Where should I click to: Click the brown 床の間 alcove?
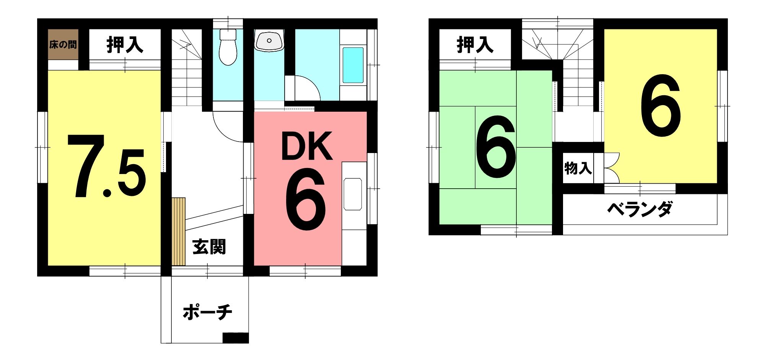pyautogui.click(x=63, y=44)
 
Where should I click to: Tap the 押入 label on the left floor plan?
pyautogui.click(x=125, y=45)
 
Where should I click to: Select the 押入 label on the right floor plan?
pyautogui.click(x=475, y=45)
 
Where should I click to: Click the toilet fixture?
pyautogui.click(x=228, y=47)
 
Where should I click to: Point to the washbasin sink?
pyautogui.click(x=270, y=40)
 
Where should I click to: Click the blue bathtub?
pyautogui.click(x=353, y=65)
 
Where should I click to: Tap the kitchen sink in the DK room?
pyautogui.click(x=353, y=194)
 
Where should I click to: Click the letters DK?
pyautogui.click(x=307, y=146)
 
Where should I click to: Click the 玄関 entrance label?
pyautogui.click(x=209, y=247)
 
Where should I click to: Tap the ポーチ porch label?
pyautogui.click(x=207, y=312)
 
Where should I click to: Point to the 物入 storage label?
pyautogui.click(x=578, y=168)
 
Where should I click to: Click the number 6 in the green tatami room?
pyautogui.click(x=495, y=147)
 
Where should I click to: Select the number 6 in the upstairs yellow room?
pyautogui.click(x=661, y=105)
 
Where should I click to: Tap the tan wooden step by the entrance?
pyautogui.click(x=179, y=231)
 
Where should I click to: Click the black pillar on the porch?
pyautogui.click(x=236, y=338)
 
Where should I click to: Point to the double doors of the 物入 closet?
pyautogui.click(x=612, y=168)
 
